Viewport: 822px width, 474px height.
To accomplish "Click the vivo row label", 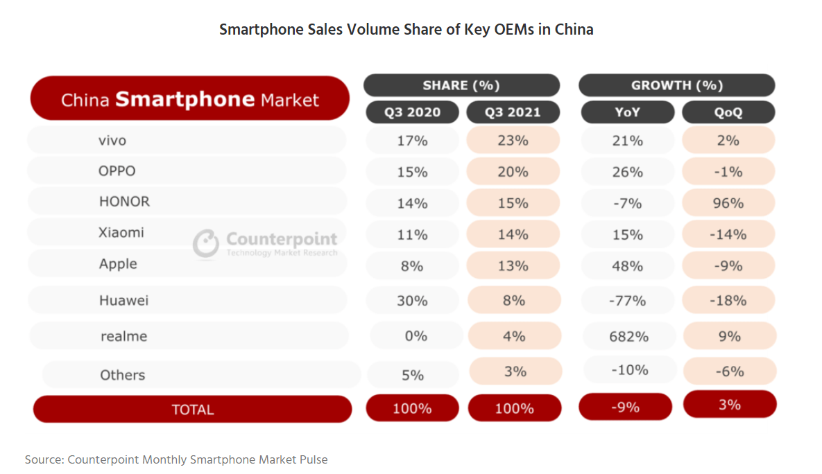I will pos(112,141).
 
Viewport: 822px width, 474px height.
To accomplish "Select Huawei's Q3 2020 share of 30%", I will pos(412,301).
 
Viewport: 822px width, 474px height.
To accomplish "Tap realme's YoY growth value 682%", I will pos(627,337).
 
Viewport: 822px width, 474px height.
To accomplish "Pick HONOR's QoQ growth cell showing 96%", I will pos(728,203).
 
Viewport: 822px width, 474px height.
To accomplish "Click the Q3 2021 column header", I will pos(513,112).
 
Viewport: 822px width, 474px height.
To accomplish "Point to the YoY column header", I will pos(627,112).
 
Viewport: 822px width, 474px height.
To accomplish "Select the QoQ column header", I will pos(728,112).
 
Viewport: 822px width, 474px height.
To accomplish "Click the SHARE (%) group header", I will pos(461,85).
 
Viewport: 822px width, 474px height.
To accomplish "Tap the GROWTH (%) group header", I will pos(676,85).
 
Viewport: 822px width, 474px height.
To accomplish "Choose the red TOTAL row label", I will pos(192,410).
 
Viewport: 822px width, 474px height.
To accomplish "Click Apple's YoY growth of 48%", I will pos(627,266).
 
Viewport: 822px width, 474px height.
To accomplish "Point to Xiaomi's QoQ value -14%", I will pos(728,235).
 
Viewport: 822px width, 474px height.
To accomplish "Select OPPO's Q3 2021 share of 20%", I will pos(513,172).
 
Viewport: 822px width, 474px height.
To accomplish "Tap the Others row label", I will pos(123,375).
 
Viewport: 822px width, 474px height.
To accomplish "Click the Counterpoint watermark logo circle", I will pos(206,243).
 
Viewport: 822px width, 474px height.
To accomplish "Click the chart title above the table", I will pos(406,30).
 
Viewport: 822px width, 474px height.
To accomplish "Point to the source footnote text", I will pos(176,459).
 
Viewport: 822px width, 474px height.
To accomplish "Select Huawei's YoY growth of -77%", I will pos(627,301).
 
